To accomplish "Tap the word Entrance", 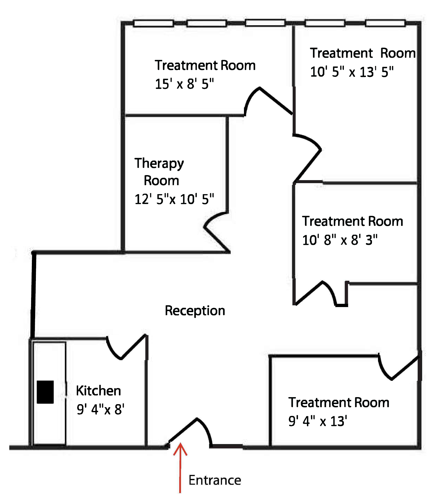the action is [x=215, y=480].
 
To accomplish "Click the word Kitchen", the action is [x=98, y=391].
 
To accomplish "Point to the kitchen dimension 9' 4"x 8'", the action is [x=100, y=409].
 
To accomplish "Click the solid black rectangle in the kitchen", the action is [x=45, y=392].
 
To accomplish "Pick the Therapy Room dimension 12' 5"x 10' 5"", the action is [x=174, y=199].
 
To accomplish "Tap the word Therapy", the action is [x=159, y=164].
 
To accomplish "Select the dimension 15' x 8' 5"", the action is [x=184, y=84].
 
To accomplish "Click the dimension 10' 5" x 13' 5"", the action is [x=352, y=72].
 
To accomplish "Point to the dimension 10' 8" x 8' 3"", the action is [x=340, y=240].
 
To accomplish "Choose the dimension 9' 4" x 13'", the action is [x=318, y=421].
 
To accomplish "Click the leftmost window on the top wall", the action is [x=153, y=23].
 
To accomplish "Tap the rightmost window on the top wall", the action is [x=385, y=23].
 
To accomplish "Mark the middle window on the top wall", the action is [x=265, y=23].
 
